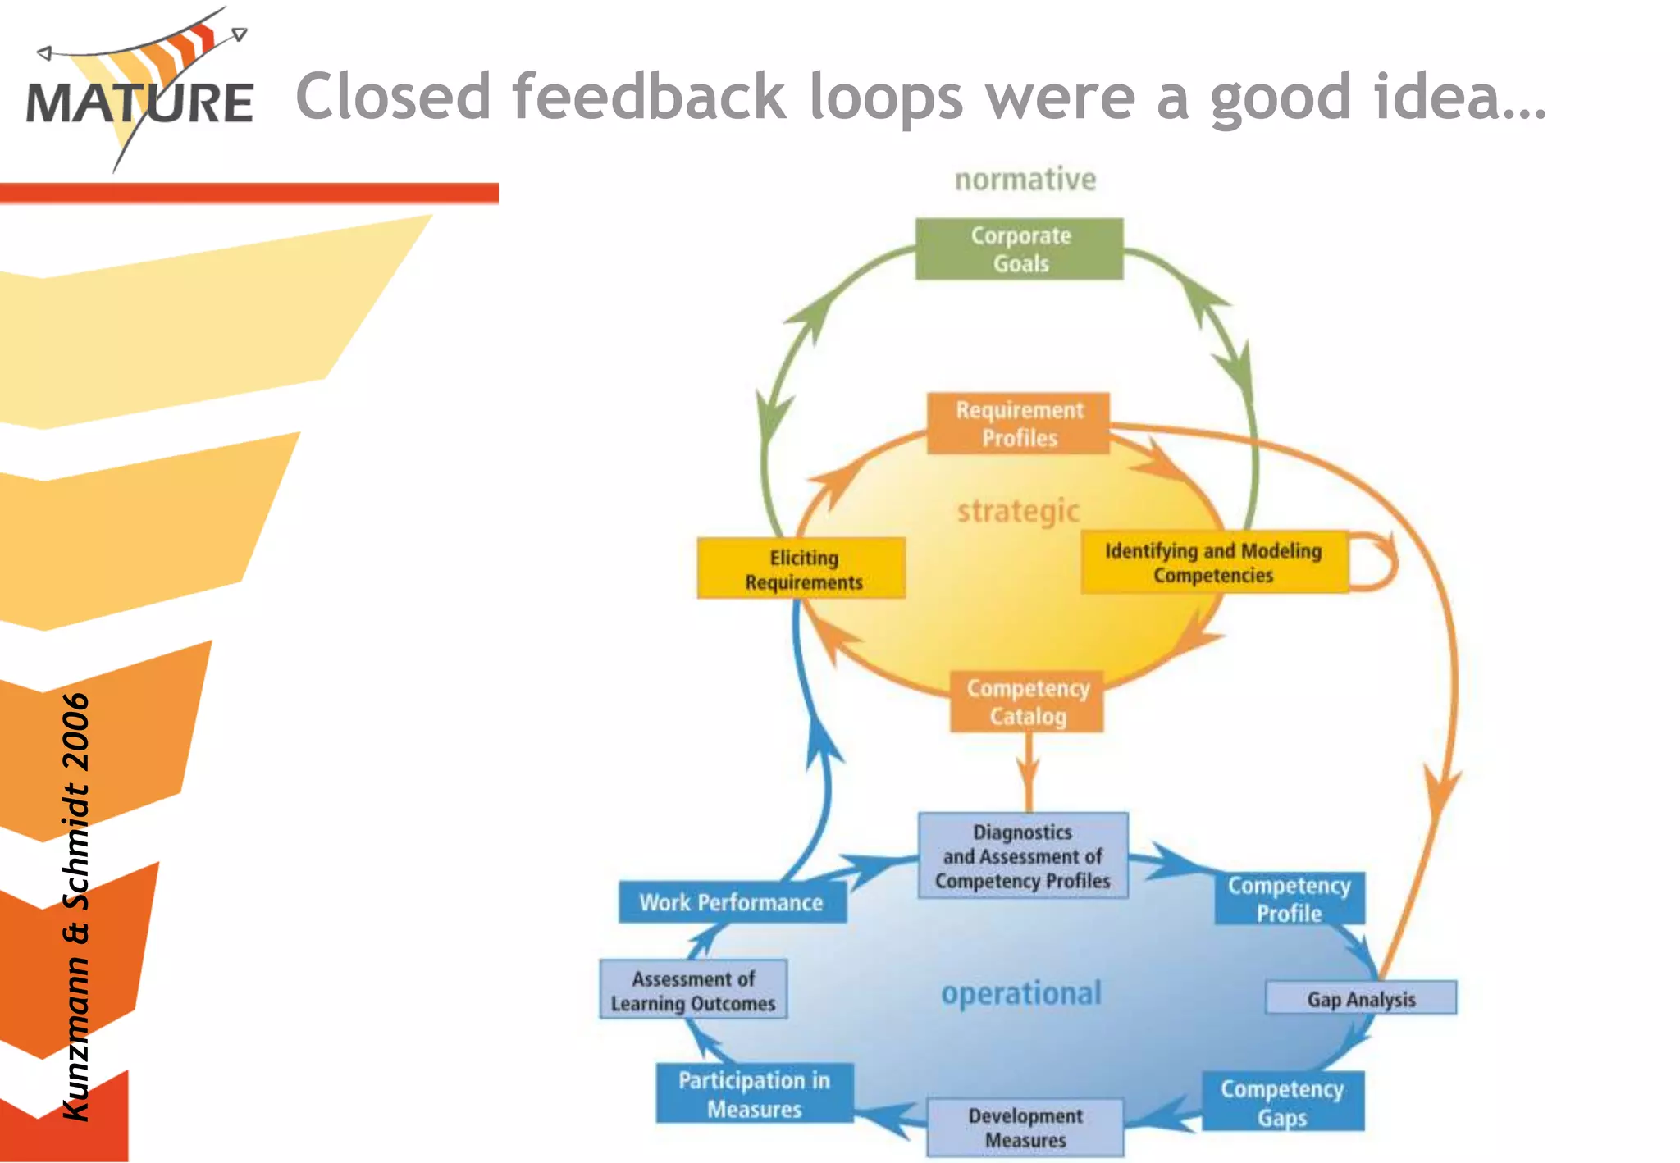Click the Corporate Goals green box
tap(1019, 249)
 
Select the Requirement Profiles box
tap(1018, 423)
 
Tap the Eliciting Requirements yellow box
tap(801, 568)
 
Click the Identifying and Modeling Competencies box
tap(1213, 563)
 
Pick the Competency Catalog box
tap(1027, 702)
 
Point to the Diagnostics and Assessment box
tap(1022, 855)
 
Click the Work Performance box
tap(731, 902)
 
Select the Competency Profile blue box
tap(1289, 899)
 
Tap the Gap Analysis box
tap(1360, 998)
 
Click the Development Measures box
tap(1025, 1127)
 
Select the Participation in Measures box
tap(754, 1093)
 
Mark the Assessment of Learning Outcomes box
tap(693, 990)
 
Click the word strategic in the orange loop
tap(1018, 511)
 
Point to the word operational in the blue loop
tap(1020, 993)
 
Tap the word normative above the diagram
tap(1025, 179)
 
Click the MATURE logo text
tap(139, 103)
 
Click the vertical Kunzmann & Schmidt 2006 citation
tap(76, 906)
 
